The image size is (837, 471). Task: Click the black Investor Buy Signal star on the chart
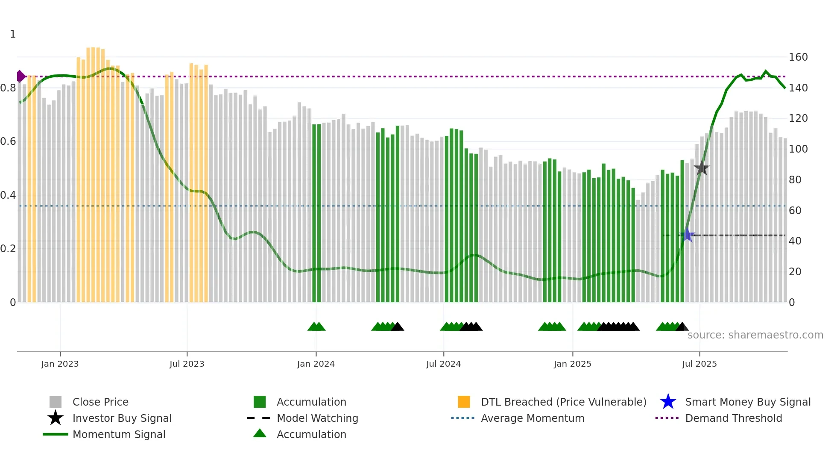702,168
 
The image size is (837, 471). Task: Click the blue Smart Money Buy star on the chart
687,235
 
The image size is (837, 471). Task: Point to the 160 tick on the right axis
798,57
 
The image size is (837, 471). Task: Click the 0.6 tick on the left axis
8,141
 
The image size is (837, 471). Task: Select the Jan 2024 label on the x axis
316,364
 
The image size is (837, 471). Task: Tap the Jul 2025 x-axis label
699,364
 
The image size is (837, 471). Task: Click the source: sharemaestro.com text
755,335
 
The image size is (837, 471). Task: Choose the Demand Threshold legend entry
733,418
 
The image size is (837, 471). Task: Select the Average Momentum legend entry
532,418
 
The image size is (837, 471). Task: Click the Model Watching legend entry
317,418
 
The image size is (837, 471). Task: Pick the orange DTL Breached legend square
464,402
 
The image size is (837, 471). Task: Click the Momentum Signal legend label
119,435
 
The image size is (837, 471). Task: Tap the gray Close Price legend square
56,402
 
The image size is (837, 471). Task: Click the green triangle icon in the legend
260,433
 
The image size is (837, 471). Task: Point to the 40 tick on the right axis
795,241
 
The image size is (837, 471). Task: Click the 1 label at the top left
13,34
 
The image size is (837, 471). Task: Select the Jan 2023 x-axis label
60,364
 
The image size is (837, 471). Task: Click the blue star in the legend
668,402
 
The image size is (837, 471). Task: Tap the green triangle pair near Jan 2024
316,327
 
